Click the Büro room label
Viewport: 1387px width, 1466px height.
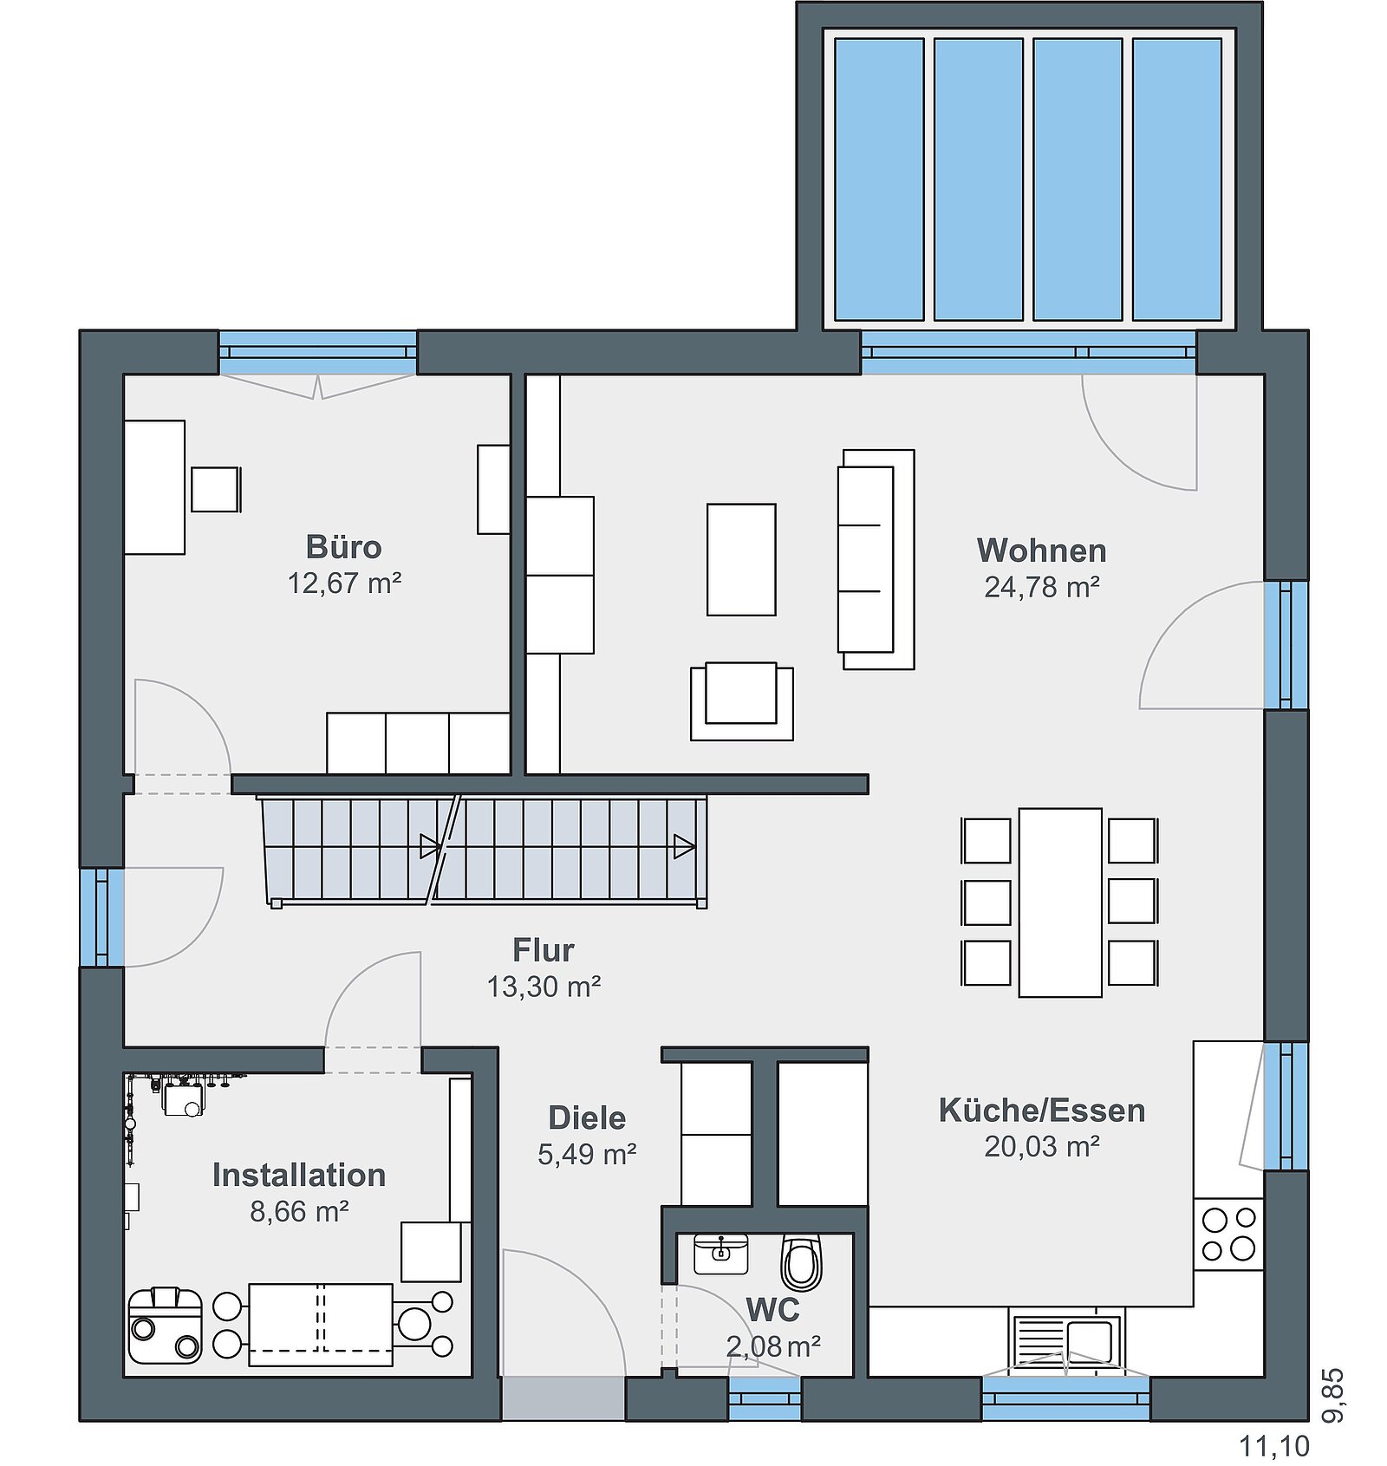343,547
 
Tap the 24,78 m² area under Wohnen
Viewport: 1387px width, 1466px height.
1041,587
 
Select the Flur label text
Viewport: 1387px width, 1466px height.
543,950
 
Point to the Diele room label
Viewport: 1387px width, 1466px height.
587,1117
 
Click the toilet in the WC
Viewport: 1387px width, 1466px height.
801,1262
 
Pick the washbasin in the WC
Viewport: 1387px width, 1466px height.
720,1254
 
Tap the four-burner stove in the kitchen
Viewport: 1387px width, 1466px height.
1228,1234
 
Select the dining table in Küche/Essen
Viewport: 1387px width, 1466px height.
1060,902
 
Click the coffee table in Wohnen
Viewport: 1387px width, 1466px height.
741,559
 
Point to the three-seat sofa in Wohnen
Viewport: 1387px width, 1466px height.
876,559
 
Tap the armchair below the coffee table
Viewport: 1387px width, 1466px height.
741,700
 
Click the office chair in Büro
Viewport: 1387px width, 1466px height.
216,489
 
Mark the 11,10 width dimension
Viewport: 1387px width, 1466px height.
1273,1445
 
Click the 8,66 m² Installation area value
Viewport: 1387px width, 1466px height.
299,1210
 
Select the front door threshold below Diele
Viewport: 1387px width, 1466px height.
563,1398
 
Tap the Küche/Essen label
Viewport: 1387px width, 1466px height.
1041,1111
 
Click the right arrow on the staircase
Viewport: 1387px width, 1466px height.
684,846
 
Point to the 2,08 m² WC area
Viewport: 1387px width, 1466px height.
773,1346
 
